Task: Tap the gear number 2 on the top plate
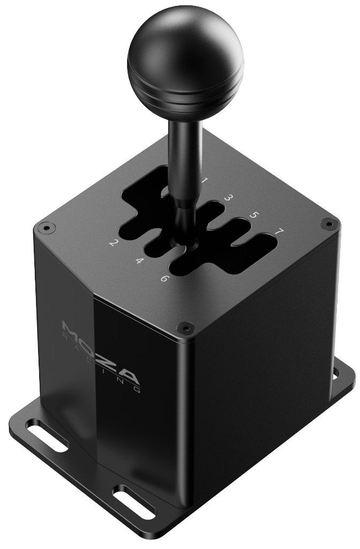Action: click(112, 242)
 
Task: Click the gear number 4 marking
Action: click(139, 261)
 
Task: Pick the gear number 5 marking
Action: click(254, 214)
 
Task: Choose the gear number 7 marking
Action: click(279, 231)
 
